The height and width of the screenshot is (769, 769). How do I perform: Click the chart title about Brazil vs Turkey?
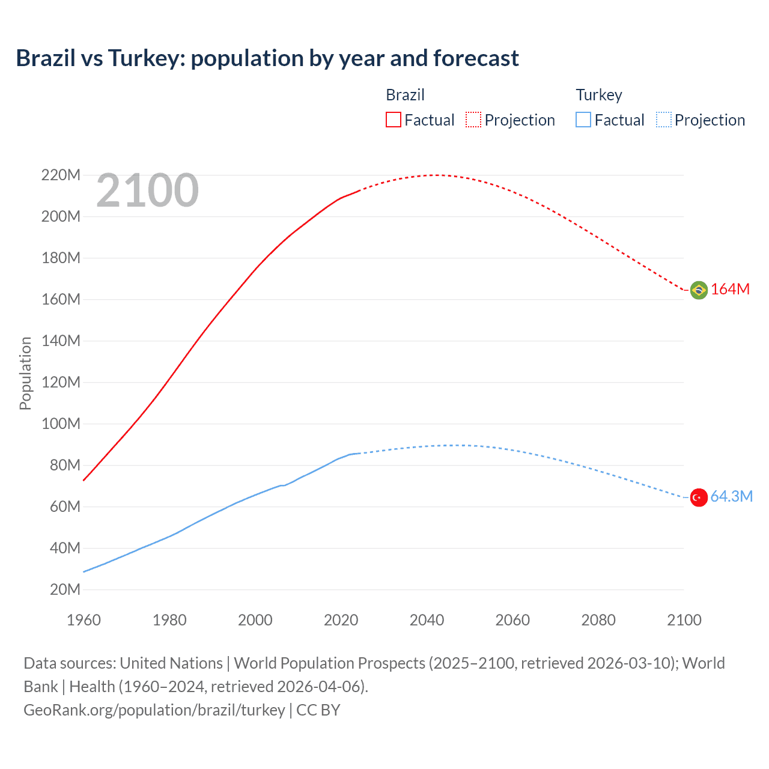(x=267, y=58)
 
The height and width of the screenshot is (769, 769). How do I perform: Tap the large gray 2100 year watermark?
(x=147, y=190)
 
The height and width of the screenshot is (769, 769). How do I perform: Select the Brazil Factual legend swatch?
(x=393, y=120)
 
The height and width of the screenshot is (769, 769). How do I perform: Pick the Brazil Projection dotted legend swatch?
(x=473, y=120)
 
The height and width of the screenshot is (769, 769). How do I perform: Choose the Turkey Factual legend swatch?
(x=583, y=120)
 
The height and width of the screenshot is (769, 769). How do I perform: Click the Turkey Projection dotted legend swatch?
(x=663, y=120)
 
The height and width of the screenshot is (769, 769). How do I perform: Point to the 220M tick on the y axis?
(x=61, y=175)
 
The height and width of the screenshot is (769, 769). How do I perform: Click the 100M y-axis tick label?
(x=61, y=424)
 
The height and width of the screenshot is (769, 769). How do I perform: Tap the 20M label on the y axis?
(x=65, y=589)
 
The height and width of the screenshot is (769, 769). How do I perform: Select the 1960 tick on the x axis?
(x=84, y=620)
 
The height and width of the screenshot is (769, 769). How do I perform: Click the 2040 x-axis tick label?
(x=427, y=620)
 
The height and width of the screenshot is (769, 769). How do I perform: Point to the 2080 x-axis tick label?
(x=598, y=620)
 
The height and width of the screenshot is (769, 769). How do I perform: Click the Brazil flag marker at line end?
(x=699, y=290)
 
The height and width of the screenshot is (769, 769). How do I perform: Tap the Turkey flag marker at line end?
(x=699, y=497)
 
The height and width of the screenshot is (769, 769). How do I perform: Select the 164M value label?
(x=731, y=289)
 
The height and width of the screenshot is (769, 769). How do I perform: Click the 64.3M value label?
(x=731, y=496)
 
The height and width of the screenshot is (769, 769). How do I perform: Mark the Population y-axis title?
(x=25, y=373)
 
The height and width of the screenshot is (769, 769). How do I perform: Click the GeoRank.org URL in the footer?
(x=154, y=710)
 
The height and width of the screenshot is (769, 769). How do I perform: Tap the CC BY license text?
(x=318, y=710)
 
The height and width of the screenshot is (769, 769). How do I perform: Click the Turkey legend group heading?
(x=599, y=95)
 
